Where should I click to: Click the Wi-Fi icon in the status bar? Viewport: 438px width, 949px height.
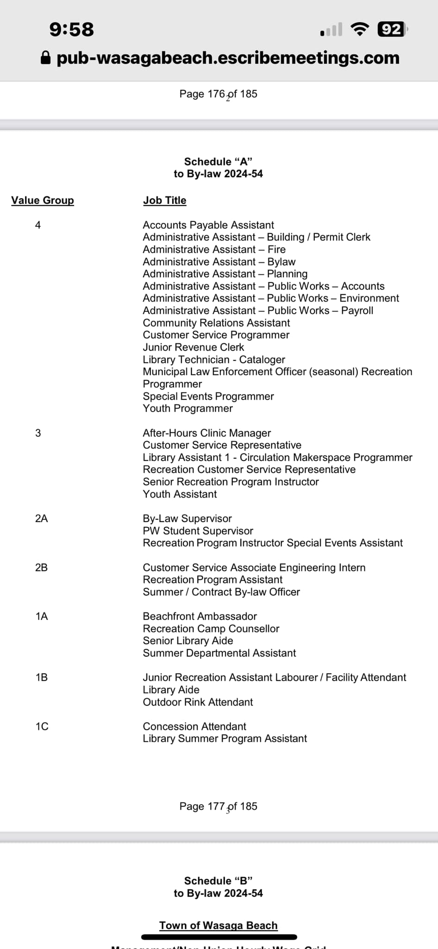pyautogui.click(x=360, y=29)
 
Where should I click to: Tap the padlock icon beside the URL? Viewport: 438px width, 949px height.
pyautogui.click(x=45, y=58)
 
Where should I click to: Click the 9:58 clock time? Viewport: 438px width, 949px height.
pyautogui.click(x=72, y=29)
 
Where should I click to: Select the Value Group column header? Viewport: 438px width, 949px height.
pyautogui.click(x=43, y=200)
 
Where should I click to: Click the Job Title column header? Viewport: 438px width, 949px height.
pyautogui.click(x=164, y=200)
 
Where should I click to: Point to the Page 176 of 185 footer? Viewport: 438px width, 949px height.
pyautogui.click(x=218, y=94)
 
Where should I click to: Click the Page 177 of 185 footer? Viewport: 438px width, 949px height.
pyautogui.click(x=218, y=806)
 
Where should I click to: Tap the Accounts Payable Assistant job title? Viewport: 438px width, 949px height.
pyautogui.click(x=208, y=225)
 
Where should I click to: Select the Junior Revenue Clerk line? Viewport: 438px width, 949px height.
pyautogui.click(x=193, y=347)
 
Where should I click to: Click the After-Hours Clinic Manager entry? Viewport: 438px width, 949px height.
pyautogui.click(x=206, y=433)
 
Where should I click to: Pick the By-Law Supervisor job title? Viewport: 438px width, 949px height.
pyautogui.click(x=187, y=519)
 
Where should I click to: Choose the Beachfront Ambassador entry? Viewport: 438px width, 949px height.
pyautogui.click(x=200, y=616)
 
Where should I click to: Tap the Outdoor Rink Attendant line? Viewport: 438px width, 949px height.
pyautogui.click(x=198, y=702)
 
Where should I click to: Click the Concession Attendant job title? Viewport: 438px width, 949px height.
pyautogui.click(x=194, y=727)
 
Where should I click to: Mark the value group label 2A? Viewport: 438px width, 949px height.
pyautogui.click(x=41, y=519)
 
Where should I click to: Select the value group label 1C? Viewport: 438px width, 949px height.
pyautogui.click(x=42, y=727)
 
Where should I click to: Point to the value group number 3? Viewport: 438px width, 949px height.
pyautogui.click(x=38, y=433)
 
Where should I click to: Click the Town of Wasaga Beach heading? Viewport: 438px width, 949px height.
pyautogui.click(x=218, y=925)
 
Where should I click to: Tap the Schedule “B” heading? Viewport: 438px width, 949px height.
pyautogui.click(x=218, y=881)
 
